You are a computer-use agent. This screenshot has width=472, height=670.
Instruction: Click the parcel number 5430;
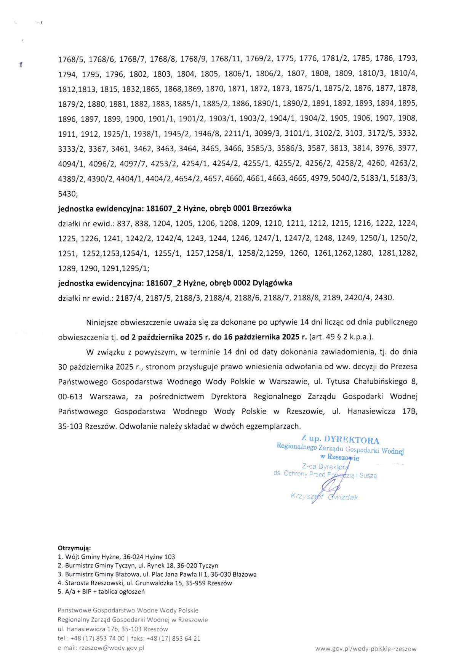(68, 194)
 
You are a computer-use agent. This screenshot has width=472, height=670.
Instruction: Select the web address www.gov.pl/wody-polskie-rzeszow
(366, 649)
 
